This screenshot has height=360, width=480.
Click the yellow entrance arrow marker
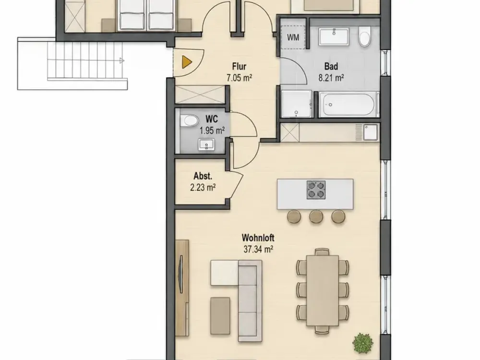pyautogui.click(x=187, y=62)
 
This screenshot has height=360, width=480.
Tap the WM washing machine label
pyautogui.click(x=293, y=37)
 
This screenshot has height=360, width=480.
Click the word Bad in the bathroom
pyautogui.click(x=331, y=66)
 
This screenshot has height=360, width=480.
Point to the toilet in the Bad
pyautogui.click(x=365, y=37)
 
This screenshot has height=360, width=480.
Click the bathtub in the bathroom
pyautogui.click(x=347, y=104)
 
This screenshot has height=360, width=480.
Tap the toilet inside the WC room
pyautogui.click(x=189, y=120)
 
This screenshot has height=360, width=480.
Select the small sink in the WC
pyautogui.click(x=206, y=144)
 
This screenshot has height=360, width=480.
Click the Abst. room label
pyautogui.click(x=203, y=176)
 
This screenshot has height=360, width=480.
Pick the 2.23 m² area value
pyautogui.click(x=203, y=187)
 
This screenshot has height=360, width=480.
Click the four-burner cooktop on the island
pyautogui.click(x=316, y=190)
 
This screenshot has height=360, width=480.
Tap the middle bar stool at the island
pyautogui.click(x=316, y=216)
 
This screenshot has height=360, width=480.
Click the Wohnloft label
pyautogui.click(x=258, y=238)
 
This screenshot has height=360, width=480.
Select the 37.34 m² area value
pyautogui.click(x=258, y=250)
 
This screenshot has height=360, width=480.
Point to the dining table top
pyautogui.click(x=323, y=290)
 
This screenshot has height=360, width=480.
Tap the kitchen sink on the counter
pyautogui.click(x=371, y=132)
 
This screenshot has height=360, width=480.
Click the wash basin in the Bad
pyautogui.click(x=334, y=37)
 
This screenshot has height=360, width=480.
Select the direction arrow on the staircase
pyautogui.click(x=122, y=60)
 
